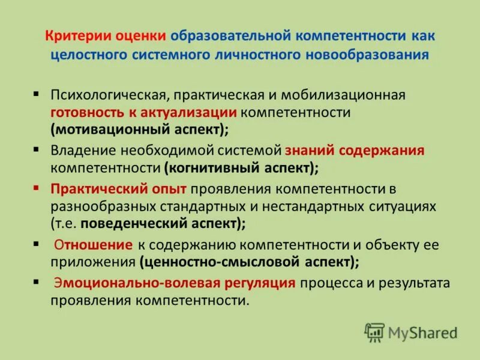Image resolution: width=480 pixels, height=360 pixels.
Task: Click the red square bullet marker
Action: click(x=37, y=188)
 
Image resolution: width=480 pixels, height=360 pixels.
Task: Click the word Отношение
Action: click(x=93, y=245)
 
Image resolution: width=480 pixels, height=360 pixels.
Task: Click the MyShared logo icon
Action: click(x=374, y=332)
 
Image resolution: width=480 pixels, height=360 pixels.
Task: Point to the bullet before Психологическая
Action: click(x=37, y=94)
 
